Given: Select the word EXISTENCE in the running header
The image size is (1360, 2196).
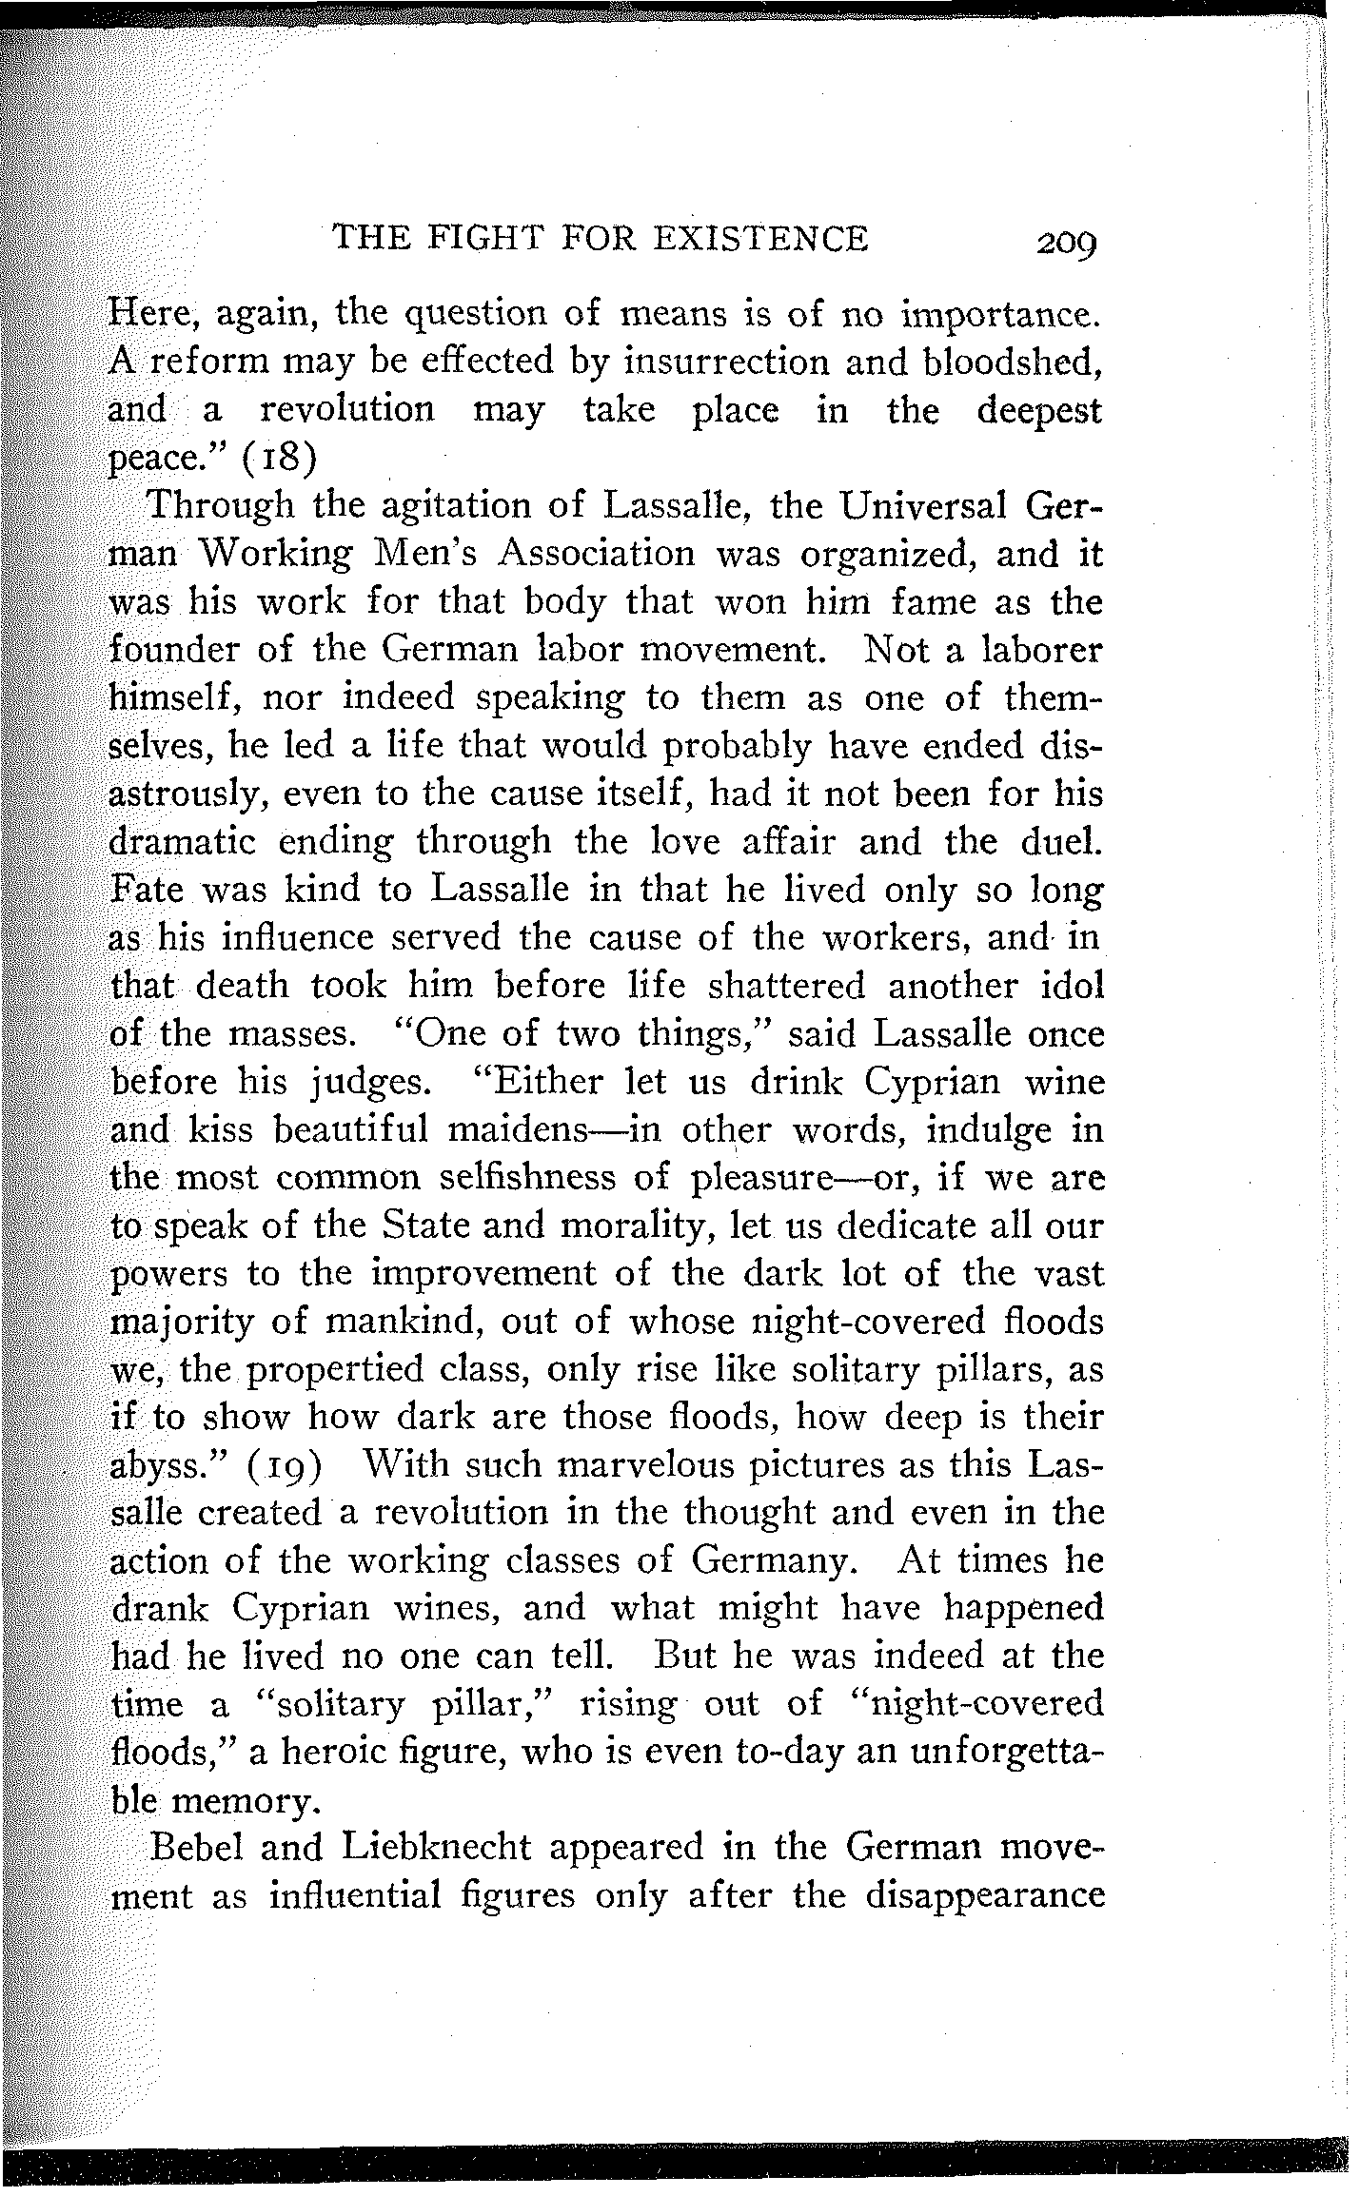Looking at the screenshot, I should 759,237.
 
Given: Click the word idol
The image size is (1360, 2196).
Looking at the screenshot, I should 1071,985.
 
